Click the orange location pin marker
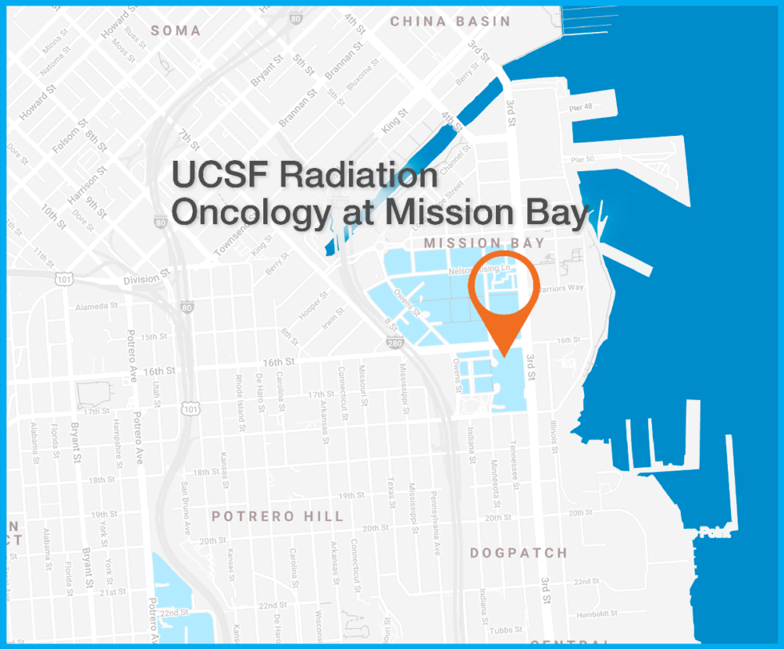click(x=502, y=296)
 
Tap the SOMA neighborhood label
click(x=175, y=30)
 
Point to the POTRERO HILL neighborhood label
click(x=278, y=516)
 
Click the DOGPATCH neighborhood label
click(x=518, y=553)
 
